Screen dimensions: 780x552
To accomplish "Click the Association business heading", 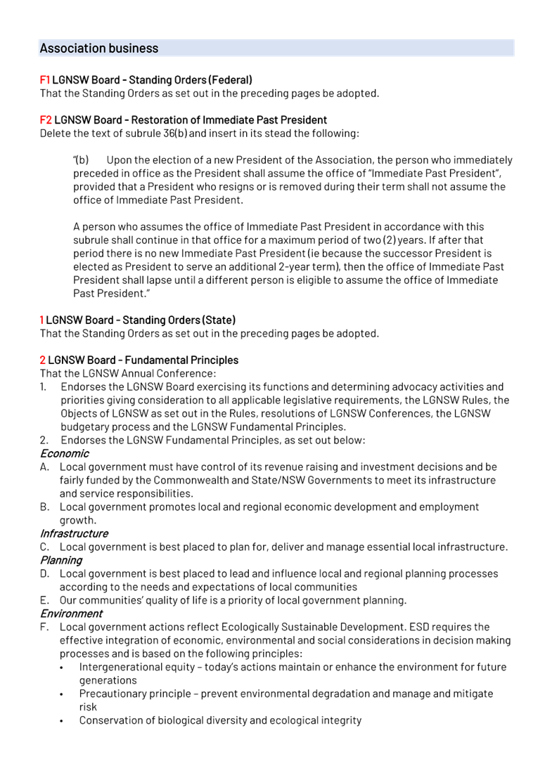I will tap(99, 48).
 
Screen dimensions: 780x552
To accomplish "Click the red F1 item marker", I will tap(44, 80).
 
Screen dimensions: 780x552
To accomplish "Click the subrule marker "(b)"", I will tap(81, 160).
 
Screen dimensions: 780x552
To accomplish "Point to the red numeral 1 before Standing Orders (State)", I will tap(41, 320).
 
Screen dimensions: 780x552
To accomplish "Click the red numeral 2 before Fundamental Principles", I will tap(42, 360).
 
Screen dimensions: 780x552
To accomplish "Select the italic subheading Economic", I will tap(64, 454).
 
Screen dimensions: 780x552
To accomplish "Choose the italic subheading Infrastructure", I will tap(74, 534).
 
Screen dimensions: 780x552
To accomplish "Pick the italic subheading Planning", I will tap(61, 561).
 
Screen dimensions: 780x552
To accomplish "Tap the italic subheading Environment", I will tap(71, 614).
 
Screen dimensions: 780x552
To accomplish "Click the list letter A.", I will tap(44, 467).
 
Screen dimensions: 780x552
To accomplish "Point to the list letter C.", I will tap(44, 547).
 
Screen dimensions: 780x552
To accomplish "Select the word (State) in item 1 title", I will tap(219, 320).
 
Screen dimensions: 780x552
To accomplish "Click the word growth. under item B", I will tap(77, 521).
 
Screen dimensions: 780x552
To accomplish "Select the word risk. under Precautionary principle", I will tap(88, 708).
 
